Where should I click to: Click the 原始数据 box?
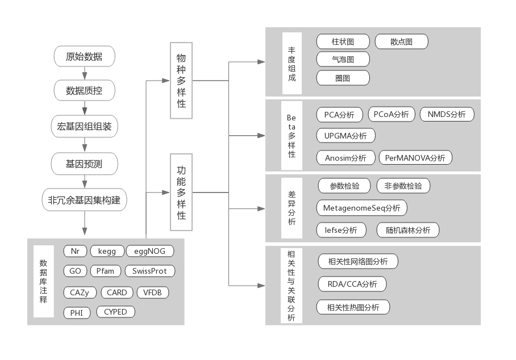click(85, 57)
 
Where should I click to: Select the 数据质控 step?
click(85, 90)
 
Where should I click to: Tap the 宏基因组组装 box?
click(85, 127)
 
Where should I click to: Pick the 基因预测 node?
click(85, 164)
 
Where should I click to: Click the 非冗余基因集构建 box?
click(85, 200)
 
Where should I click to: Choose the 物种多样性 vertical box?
click(181, 80)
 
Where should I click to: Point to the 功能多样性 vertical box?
click(181, 192)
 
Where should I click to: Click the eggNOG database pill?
click(149, 251)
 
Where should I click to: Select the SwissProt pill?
click(149, 271)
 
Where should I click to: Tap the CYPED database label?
click(115, 312)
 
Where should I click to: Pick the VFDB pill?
click(153, 292)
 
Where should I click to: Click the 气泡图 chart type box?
click(343, 59)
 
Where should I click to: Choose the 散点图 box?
click(401, 41)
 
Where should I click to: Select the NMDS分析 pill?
click(447, 114)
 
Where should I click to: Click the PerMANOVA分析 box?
click(415, 158)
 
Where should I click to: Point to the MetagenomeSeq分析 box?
click(361, 208)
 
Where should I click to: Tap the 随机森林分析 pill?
click(407, 230)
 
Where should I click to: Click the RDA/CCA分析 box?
click(352, 284)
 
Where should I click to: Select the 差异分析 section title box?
click(292, 208)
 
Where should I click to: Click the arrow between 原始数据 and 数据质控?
click(85, 74)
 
